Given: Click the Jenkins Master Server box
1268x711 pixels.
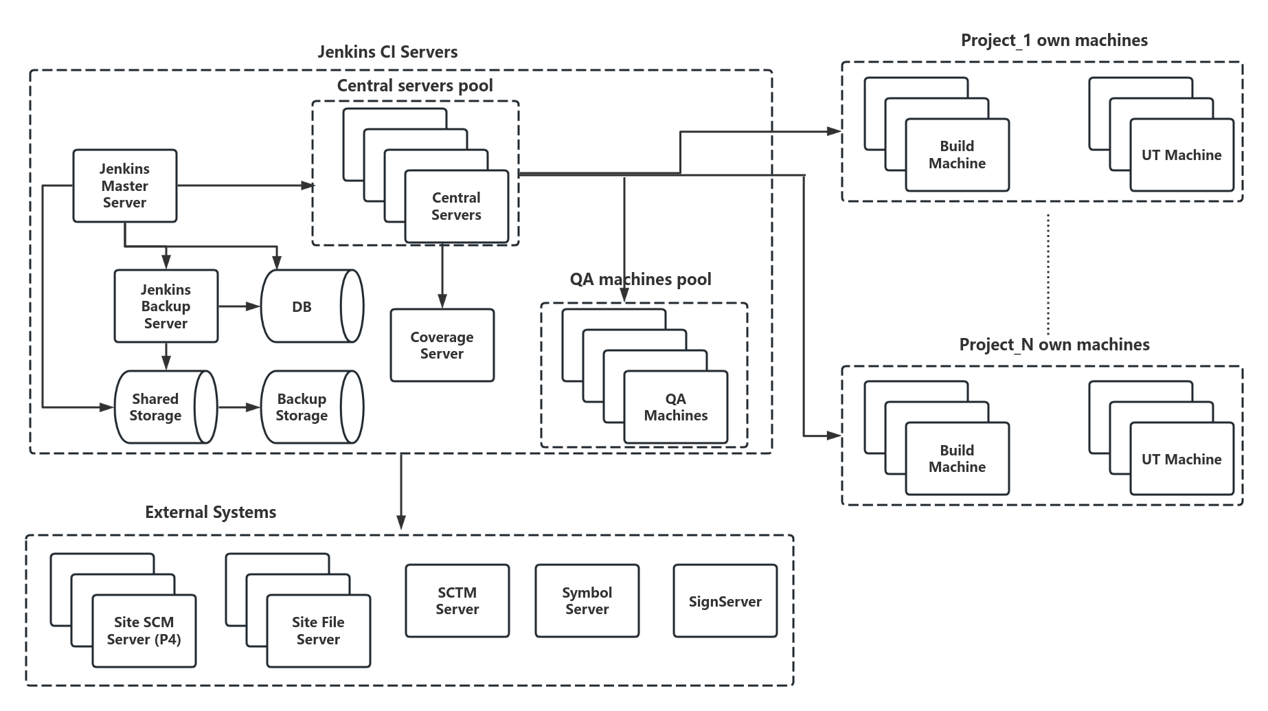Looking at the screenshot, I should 124,185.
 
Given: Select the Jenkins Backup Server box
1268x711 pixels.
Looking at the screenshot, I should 166,306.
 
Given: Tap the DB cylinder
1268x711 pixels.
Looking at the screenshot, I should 302,307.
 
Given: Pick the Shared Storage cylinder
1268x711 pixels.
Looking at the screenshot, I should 156,407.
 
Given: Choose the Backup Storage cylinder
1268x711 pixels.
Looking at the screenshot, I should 302,407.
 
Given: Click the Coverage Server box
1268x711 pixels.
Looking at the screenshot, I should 442,346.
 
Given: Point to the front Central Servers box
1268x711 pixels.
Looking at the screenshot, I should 456,206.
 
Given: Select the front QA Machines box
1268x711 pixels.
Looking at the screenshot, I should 675,407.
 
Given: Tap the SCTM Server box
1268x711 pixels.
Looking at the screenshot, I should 457,601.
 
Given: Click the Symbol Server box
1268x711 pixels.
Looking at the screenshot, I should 587,601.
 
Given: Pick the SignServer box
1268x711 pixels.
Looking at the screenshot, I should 725,602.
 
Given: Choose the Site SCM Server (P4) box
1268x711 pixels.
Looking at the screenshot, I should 144,631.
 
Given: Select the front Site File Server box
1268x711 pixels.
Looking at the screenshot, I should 318,631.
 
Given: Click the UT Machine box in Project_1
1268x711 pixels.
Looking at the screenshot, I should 1181,155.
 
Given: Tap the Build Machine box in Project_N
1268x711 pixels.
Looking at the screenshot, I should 957,459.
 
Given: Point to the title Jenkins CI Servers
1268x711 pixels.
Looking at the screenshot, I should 387,52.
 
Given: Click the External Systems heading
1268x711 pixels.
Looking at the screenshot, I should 210,512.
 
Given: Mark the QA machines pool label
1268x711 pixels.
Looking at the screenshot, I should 640,280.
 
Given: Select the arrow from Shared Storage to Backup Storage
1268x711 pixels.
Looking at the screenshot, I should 238,407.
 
